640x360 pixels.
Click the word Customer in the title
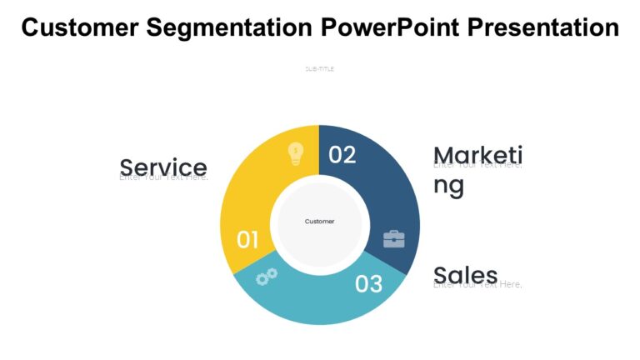pyautogui.click(x=80, y=28)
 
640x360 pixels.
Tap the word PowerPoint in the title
pyautogui.click(x=391, y=28)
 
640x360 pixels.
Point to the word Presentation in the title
pyautogui.click(x=542, y=28)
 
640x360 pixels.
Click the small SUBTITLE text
pyautogui.click(x=319, y=69)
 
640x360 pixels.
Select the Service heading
pyautogui.click(x=163, y=167)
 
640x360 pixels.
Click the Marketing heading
pyautogui.click(x=477, y=155)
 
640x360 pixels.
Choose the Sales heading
pyautogui.click(x=466, y=274)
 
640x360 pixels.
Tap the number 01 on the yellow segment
pyautogui.click(x=247, y=240)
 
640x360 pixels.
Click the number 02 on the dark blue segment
pyautogui.click(x=342, y=155)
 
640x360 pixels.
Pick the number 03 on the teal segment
pyautogui.click(x=368, y=284)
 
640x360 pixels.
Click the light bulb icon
pyautogui.click(x=296, y=154)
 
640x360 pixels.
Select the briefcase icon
pyautogui.click(x=393, y=239)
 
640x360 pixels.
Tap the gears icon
pyautogui.click(x=267, y=277)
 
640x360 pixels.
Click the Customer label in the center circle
pyautogui.click(x=319, y=222)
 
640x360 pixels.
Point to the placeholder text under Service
pyautogui.click(x=163, y=177)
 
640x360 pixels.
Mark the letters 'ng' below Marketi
pyautogui.click(x=448, y=186)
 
